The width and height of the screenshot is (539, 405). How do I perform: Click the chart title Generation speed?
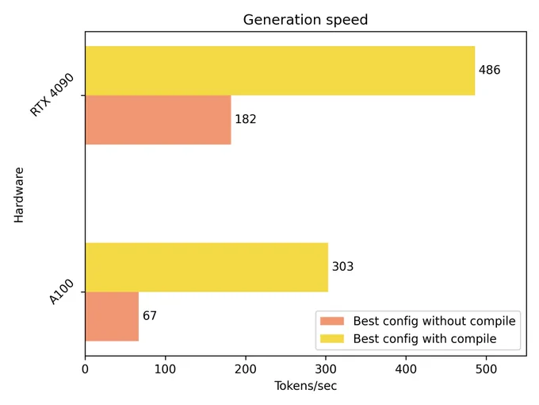(305, 20)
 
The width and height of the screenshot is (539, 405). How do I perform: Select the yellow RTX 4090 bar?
(280, 71)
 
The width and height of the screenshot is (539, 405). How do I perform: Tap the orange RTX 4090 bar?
(158, 120)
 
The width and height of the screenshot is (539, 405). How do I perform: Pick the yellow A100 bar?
(207, 268)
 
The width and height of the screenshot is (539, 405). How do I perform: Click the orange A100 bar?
(112, 317)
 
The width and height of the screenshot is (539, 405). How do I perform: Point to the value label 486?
(490, 70)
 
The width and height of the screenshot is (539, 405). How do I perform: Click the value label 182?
(246, 119)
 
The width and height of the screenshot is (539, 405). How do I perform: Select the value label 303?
(342, 267)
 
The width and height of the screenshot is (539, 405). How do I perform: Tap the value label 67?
(150, 316)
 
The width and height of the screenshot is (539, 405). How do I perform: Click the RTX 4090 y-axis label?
(52, 94)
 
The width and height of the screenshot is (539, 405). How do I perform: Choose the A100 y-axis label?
(62, 292)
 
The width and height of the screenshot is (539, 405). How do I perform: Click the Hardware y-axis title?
(19, 195)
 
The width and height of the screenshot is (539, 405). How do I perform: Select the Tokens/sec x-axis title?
(305, 386)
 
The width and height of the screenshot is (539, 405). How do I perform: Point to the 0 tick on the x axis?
(86, 369)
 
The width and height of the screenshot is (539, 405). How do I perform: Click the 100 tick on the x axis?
(166, 369)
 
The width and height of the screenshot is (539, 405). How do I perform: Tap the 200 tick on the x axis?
(246, 369)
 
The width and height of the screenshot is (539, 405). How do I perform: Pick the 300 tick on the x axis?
(326, 369)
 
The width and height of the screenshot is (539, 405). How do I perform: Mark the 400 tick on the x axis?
(406, 369)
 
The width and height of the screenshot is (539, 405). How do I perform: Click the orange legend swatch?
(332, 321)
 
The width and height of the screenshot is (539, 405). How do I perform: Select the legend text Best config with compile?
(425, 339)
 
